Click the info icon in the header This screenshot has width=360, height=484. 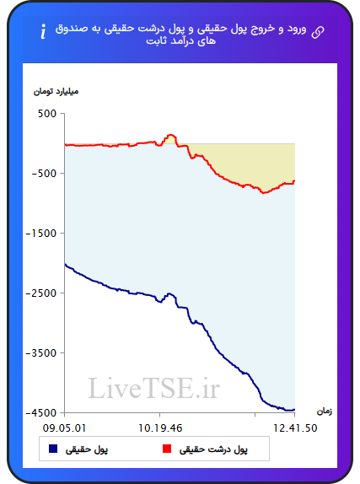43,31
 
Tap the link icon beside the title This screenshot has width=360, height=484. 318,32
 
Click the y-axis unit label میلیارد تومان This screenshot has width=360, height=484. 56,91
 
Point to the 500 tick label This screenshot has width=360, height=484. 47,114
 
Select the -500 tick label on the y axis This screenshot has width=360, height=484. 44,174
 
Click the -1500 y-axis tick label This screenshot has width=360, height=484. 41,234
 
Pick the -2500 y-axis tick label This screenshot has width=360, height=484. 41,293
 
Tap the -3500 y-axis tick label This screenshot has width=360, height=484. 41,353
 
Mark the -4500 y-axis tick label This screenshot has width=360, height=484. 41,412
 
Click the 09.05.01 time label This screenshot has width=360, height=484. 64,428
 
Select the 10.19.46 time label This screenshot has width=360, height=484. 160,428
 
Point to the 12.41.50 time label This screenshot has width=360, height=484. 295,428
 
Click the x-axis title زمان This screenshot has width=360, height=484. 325,411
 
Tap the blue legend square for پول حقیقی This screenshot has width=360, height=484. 53,449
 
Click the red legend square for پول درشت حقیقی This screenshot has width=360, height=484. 167,449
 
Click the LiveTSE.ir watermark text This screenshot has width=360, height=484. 153,388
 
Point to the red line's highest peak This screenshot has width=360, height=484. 171,135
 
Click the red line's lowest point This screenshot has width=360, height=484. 264,193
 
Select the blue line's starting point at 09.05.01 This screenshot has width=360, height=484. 65,264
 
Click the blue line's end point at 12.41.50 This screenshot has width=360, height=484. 294,410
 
